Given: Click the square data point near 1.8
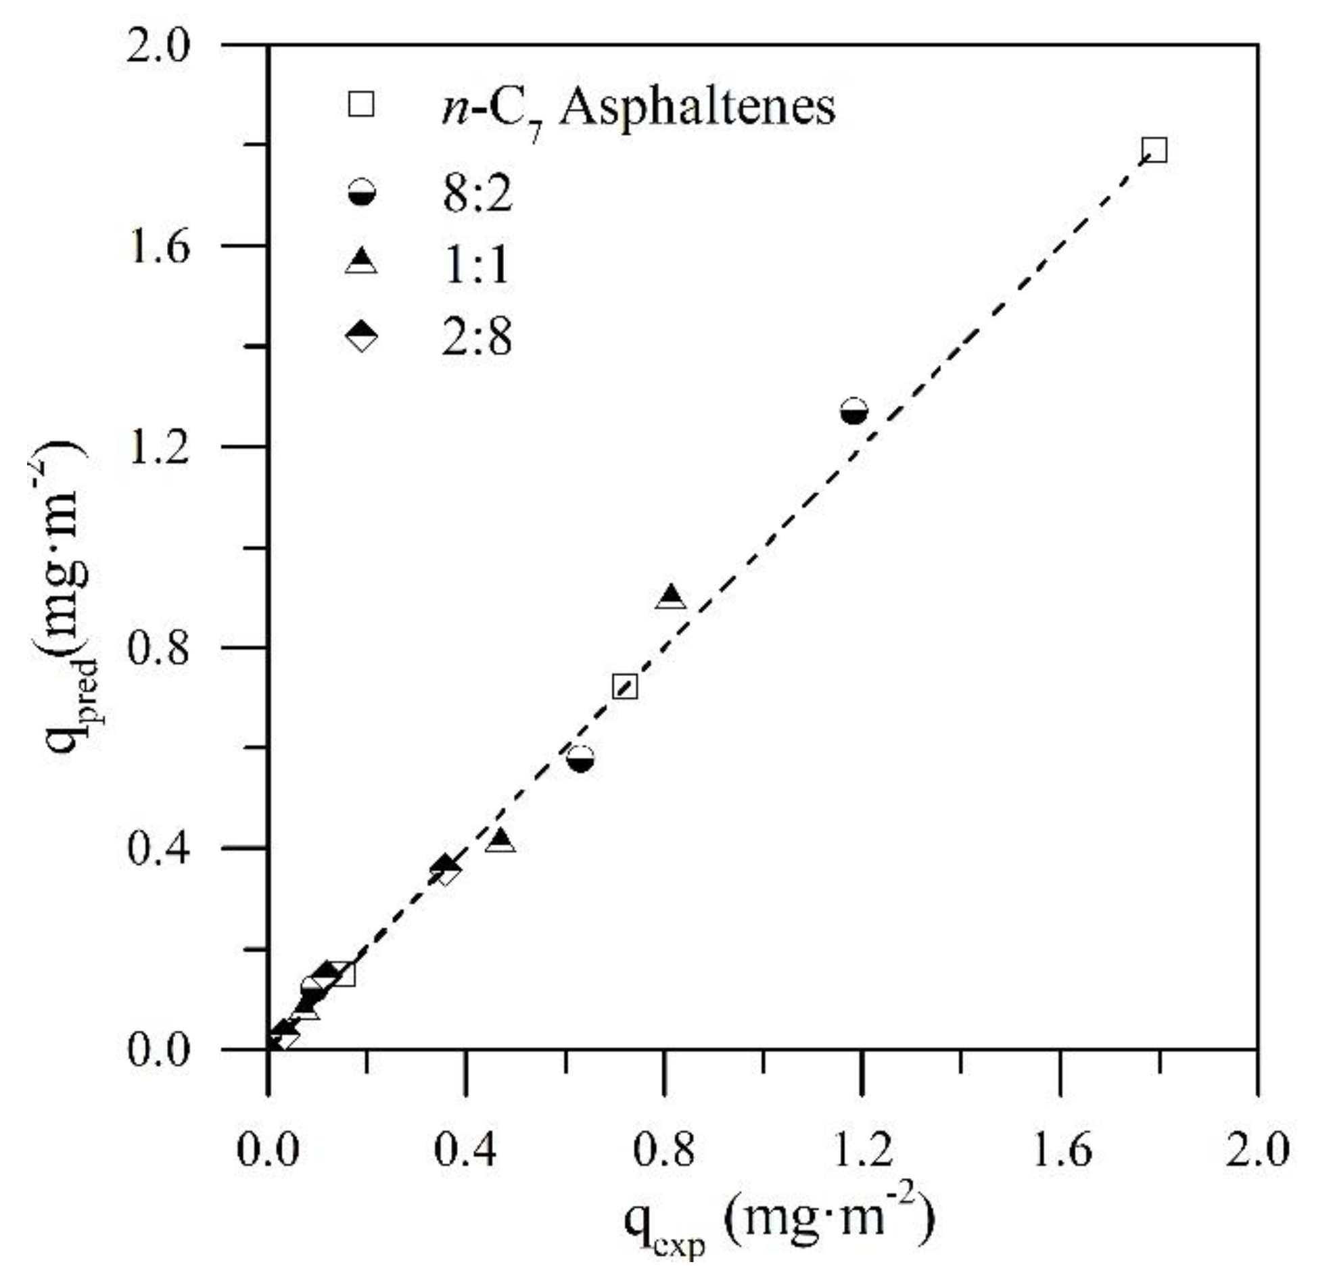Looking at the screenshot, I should [x=1155, y=150].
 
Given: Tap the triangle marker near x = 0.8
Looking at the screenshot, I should [x=672, y=596].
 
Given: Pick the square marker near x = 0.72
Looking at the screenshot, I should [x=625, y=687].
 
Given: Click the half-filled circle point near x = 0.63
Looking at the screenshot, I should [x=581, y=758].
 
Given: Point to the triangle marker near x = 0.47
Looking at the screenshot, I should [x=501, y=842].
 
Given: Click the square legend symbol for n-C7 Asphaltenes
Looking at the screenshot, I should [x=361, y=105].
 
